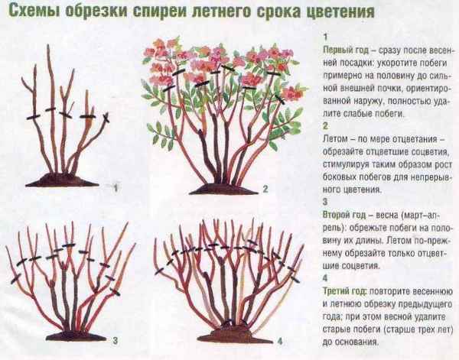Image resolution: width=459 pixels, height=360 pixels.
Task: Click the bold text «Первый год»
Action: pyautogui.click(x=341, y=47)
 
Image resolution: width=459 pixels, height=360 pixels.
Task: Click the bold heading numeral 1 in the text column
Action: pyautogui.click(x=325, y=34)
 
